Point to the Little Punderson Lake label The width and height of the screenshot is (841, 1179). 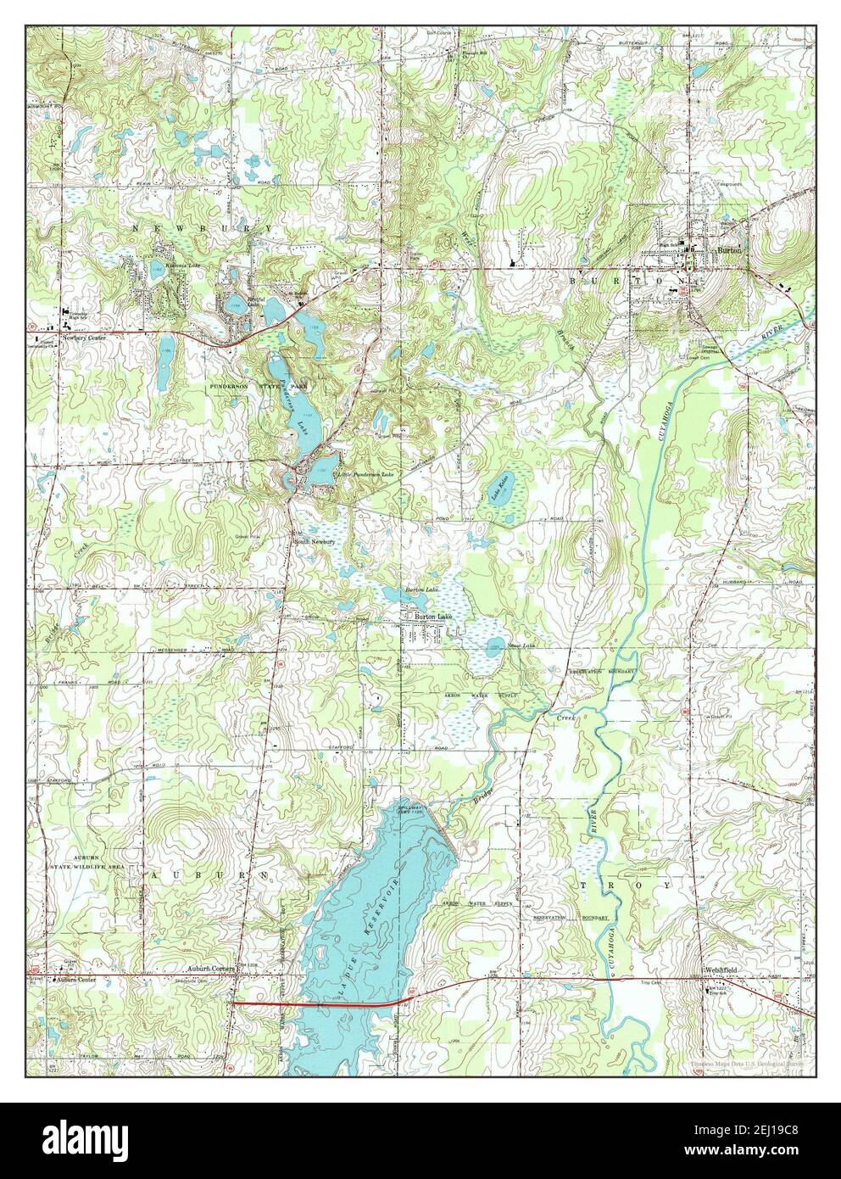pyautogui.click(x=365, y=474)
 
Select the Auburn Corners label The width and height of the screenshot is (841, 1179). pyautogui.click(x=210, y=966)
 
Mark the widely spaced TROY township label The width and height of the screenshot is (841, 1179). pyautogui.click(x=626, y=885)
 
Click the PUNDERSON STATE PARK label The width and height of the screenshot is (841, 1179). pyautogui.click(x=253, y=386)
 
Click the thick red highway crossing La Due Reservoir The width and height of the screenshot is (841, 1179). pyautogui.click(x=314, y=1003)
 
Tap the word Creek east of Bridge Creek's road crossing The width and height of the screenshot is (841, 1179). pyautogui.click(x=565, y=718)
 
